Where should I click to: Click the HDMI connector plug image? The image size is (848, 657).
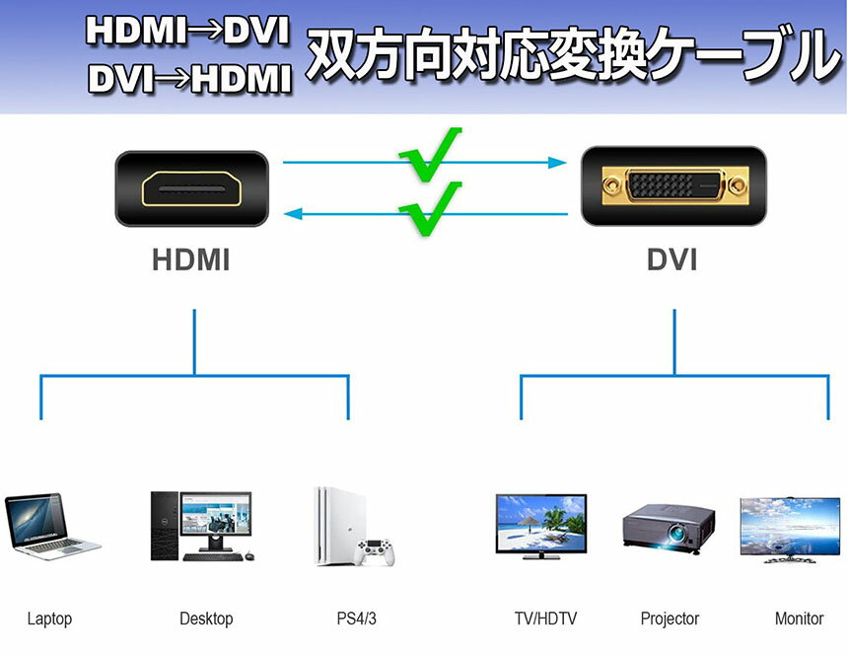tap(191, 187)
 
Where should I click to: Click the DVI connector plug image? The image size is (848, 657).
tap(672, 184)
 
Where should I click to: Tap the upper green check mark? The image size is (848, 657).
tap(430, 154)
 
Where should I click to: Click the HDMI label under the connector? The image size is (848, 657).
tap(191, 261)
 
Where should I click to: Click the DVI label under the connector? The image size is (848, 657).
tap(671, 261)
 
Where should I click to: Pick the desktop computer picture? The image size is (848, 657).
tap(201, 526)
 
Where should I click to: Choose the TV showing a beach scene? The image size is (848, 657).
tap(539, 525)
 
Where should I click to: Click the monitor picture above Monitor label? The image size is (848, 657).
tap(789, 529)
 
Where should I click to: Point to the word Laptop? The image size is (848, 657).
tap(49, 620)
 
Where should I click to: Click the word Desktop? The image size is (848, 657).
tap(206, 620)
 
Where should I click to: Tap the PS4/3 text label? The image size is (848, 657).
tap(357, 620)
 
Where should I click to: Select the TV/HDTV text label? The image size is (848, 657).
tap(545, 620)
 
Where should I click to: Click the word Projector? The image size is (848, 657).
tap(670, 620)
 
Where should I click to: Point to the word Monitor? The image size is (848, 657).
tap(799, 620)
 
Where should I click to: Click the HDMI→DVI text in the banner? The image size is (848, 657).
tap(187, 32)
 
